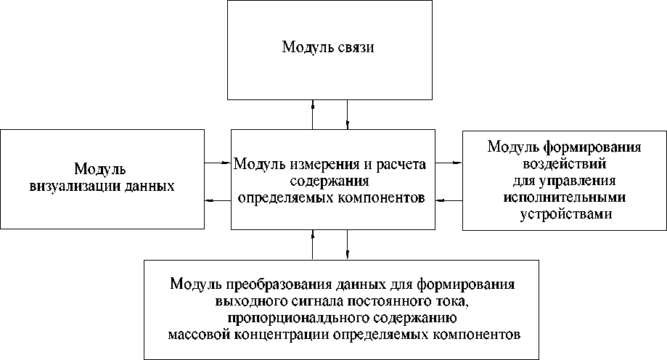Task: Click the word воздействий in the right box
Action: click(564, 164)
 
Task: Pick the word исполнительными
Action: click(564, 197)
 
